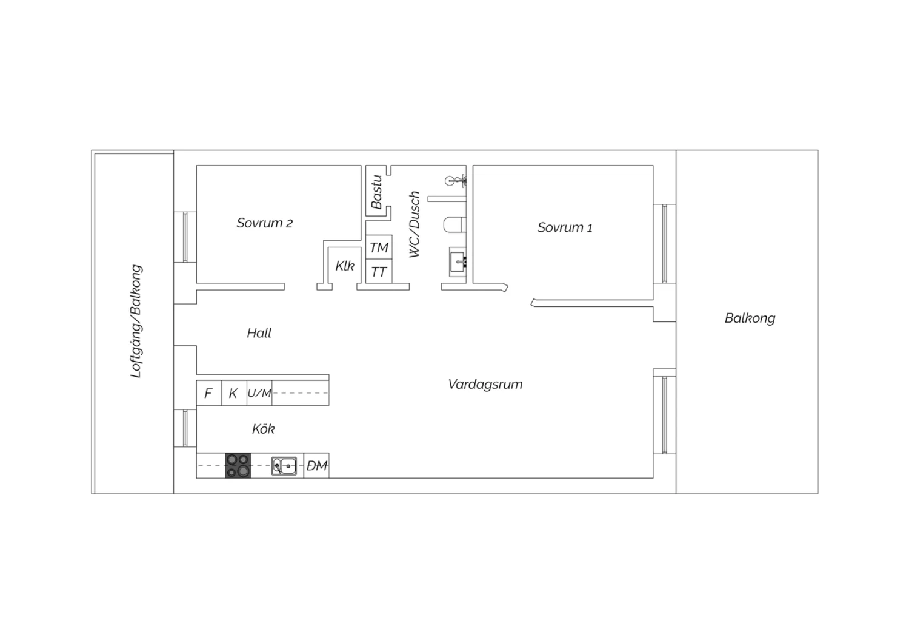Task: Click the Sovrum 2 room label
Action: coord(265,223)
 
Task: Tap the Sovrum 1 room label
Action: coord(565,227)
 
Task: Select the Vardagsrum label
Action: coord(485,384)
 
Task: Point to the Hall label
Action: coord(259,333)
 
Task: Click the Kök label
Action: coord(264,428)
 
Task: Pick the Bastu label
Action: coord(376,192)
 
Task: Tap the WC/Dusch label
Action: coord(415,224)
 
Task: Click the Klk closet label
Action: coord(345,266)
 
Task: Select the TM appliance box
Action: coord(379,247)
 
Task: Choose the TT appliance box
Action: coord(379,271)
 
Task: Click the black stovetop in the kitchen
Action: coord(238,465)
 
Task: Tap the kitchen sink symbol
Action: coord(284,466)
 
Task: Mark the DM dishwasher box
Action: coord(316,465)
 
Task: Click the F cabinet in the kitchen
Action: coord(209,393)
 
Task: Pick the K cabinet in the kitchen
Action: coord(234,393)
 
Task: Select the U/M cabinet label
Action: coord(259,393)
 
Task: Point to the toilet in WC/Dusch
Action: coord(454,224)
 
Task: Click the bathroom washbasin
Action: coord(458,262)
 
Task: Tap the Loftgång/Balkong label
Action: coord(136,321)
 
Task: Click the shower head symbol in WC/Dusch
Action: coord(455,181)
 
